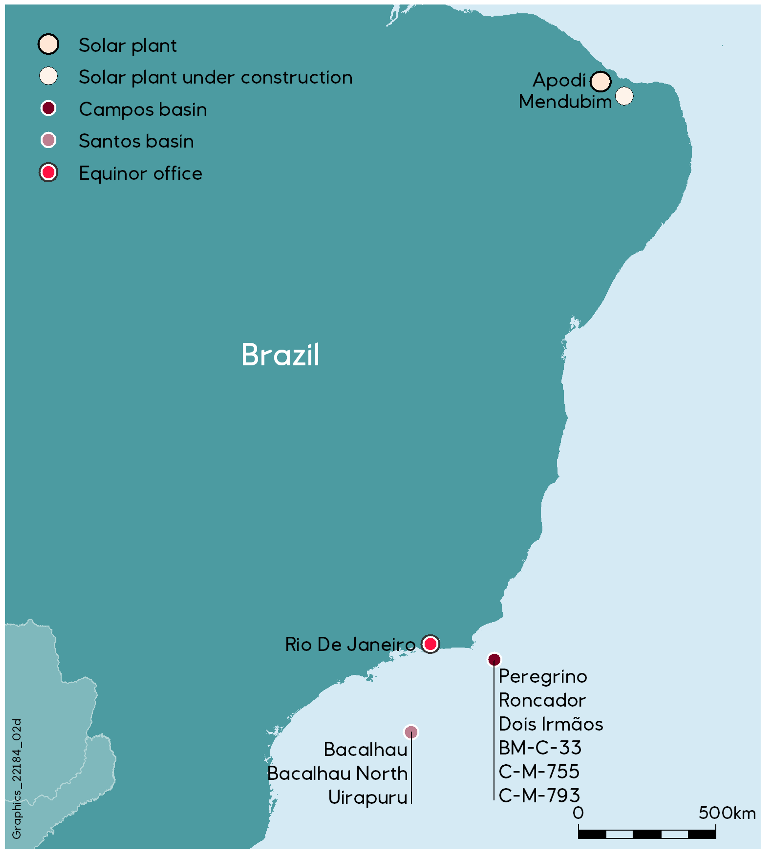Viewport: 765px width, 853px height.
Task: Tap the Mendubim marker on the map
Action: [x=624, y=96]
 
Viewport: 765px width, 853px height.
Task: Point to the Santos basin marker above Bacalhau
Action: [x=411, y=732]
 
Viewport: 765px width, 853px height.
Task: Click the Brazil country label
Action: [x=280, y=355]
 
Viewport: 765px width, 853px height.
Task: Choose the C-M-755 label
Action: [x=539, y=772]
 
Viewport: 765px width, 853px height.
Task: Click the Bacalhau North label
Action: [x=337, y=774]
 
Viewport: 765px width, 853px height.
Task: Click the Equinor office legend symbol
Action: [x=48, y=173]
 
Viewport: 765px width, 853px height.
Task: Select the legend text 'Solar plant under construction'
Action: [x=215, y=77]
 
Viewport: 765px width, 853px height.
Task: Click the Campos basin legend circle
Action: [x=48, y=108]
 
